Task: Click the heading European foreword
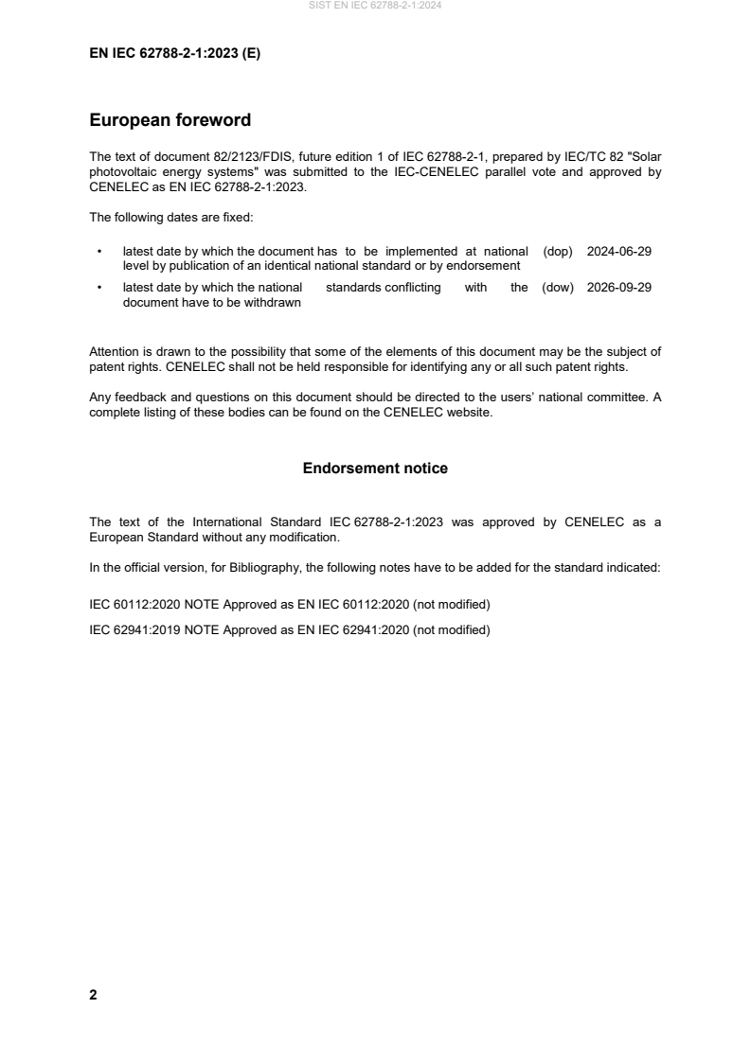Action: click(170, 120)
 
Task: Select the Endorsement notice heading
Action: click(375, 468)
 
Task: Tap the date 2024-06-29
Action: click(619, 252)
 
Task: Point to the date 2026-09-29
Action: click(619, 288)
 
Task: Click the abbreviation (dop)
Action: click(559, 252)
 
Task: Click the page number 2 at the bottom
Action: click(93, 995)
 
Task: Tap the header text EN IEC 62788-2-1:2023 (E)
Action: click(174, 54)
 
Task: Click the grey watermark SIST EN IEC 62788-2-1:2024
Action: click(375, 6)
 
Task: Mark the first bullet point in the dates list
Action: click(99, 252)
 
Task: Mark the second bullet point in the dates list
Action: click(99, 288)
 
